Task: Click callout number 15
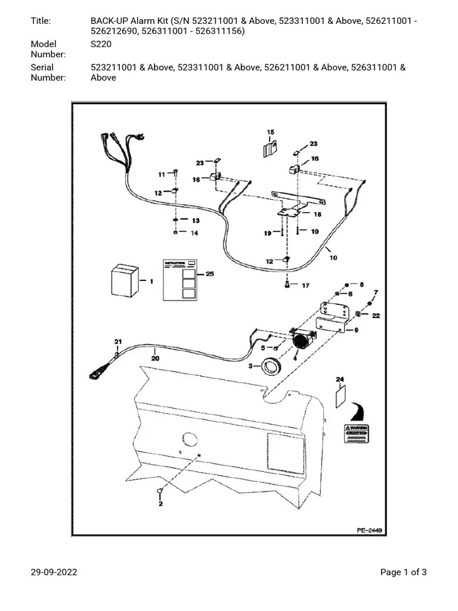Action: (270, 132)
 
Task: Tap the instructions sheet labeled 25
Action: (180, 280)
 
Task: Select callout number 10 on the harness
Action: (333, 258)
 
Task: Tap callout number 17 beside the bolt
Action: (305, 286)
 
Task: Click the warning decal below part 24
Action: (355, 434)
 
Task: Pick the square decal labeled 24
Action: (340, 396)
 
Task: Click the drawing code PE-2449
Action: (369, 529)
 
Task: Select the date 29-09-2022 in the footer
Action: (54, 572)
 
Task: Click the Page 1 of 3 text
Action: (404, 572)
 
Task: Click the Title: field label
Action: (41, 21)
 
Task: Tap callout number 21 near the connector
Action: (118, 341)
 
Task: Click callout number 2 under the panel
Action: (160, 504)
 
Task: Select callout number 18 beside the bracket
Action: (317, 214)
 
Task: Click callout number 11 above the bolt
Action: (161, 174)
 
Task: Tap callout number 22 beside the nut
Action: (376, 316)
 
